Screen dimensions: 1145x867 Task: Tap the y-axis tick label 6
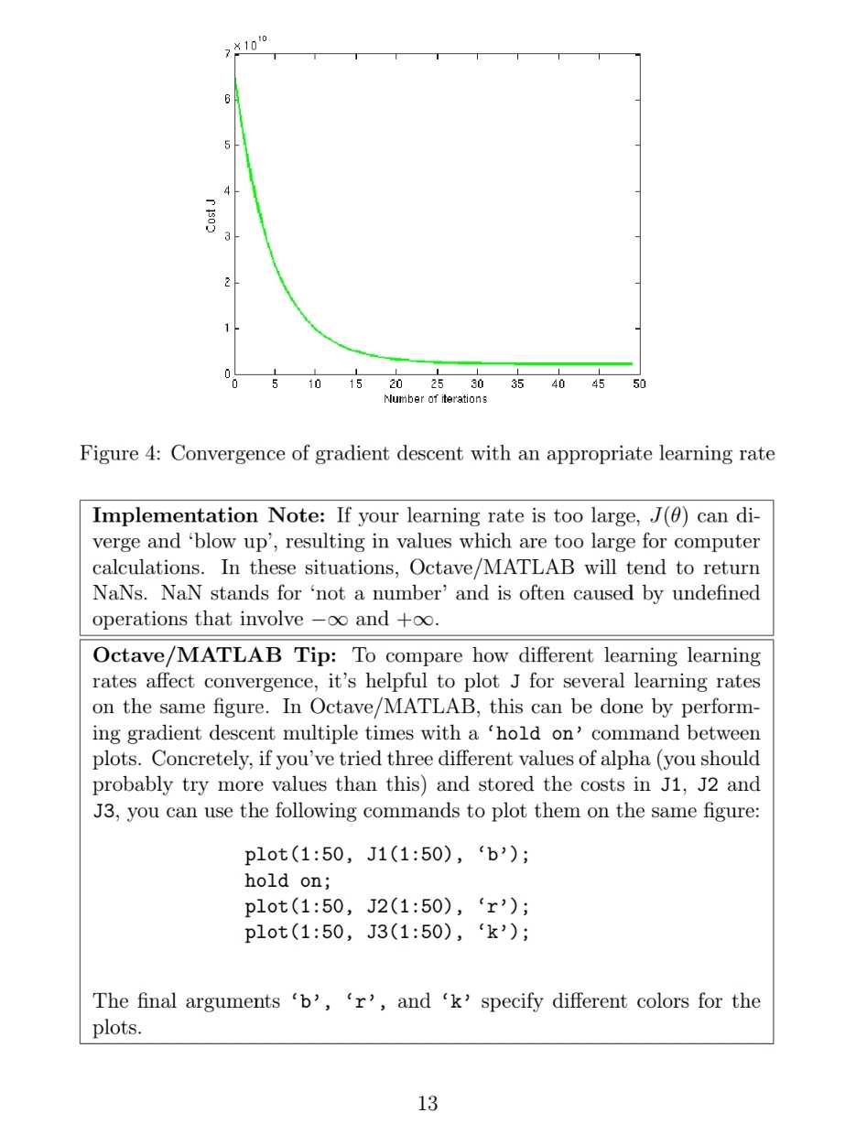click(x=227, y=99)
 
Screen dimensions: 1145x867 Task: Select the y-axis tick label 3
click(x=227, y=236)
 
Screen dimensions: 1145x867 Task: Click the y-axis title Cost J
click(x=211, y=214)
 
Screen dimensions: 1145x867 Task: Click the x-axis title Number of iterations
click(x=435, y=398)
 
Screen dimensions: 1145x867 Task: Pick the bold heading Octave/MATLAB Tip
click(x=219, y=655)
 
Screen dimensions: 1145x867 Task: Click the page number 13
click(x=428, y=1103)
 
